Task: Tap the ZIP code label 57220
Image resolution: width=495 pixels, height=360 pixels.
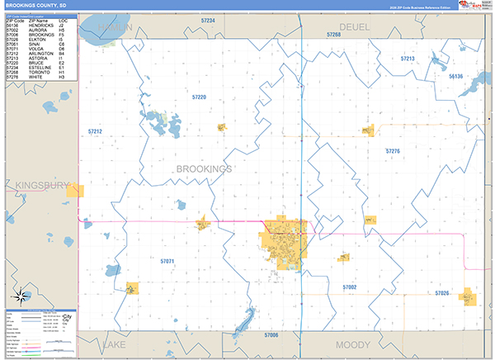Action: coord(199,97)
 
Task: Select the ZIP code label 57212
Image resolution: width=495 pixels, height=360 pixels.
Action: coord(95,131)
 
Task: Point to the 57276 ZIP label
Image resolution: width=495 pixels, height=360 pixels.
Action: coord(393,151)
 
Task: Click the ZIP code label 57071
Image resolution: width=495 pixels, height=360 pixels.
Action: coord(167,261)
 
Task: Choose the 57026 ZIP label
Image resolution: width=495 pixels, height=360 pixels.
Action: coord(442,293)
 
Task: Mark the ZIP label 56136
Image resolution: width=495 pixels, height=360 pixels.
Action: coord(457,76)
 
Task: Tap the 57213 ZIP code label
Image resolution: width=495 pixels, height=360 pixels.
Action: coord(408,59)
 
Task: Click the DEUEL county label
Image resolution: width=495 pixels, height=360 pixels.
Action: coord(355,26)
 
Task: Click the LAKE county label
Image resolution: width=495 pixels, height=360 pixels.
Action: coord(113,343)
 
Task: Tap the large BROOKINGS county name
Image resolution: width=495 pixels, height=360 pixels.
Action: coord(204,168)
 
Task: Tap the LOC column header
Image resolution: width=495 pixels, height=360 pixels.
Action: coord(62,20)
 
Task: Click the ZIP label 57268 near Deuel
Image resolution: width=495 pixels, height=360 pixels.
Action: coord(333,36)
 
